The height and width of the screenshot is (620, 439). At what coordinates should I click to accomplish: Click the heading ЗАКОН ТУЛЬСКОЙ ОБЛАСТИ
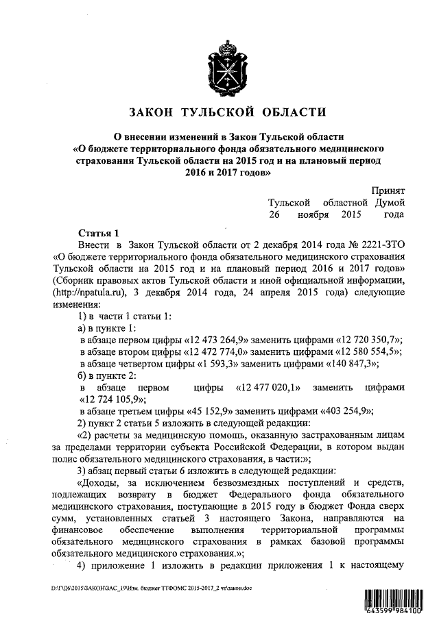click(x=227, y=112)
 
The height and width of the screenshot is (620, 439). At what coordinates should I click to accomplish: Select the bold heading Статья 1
click(x=99, y=233)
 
